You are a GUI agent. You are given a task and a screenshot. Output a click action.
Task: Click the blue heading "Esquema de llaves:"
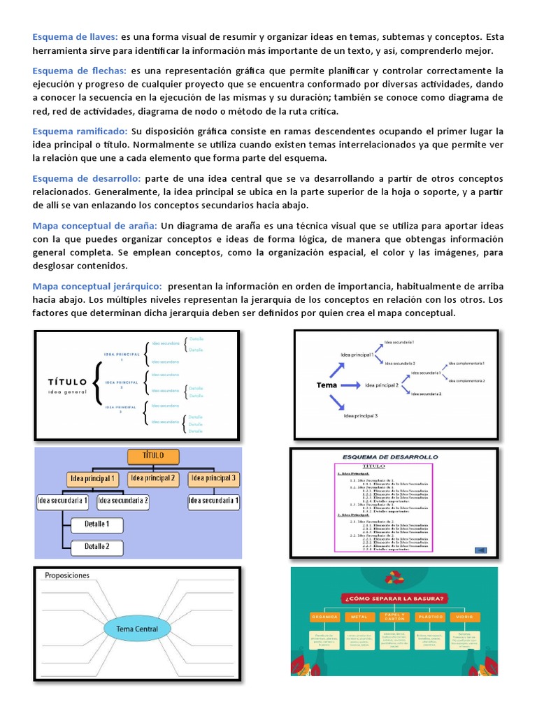click(76, 36)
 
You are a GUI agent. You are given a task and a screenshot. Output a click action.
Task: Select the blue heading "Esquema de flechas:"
click(79, 71)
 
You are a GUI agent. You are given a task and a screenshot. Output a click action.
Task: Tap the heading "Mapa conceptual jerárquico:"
click(97, 286)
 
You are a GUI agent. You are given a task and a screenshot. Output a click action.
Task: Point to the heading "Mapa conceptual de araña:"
click(94, 226)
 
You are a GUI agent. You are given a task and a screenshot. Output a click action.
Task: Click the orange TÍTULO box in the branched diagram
click(153, 457)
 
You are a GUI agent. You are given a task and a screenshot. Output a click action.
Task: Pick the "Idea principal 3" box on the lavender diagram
click(214, 479)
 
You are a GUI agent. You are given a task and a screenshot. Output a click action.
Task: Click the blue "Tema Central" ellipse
click(136, 629)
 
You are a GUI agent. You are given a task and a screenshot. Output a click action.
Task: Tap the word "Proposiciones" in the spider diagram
click(67, 575)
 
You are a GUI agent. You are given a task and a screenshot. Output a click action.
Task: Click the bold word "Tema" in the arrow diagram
click(327, 385)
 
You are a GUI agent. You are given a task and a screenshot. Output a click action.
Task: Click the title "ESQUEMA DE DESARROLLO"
click(389, 457)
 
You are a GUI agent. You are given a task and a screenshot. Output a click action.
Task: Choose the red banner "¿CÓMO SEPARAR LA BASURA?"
click(394, 599)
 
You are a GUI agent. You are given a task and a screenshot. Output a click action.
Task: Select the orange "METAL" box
click(359, 617)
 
